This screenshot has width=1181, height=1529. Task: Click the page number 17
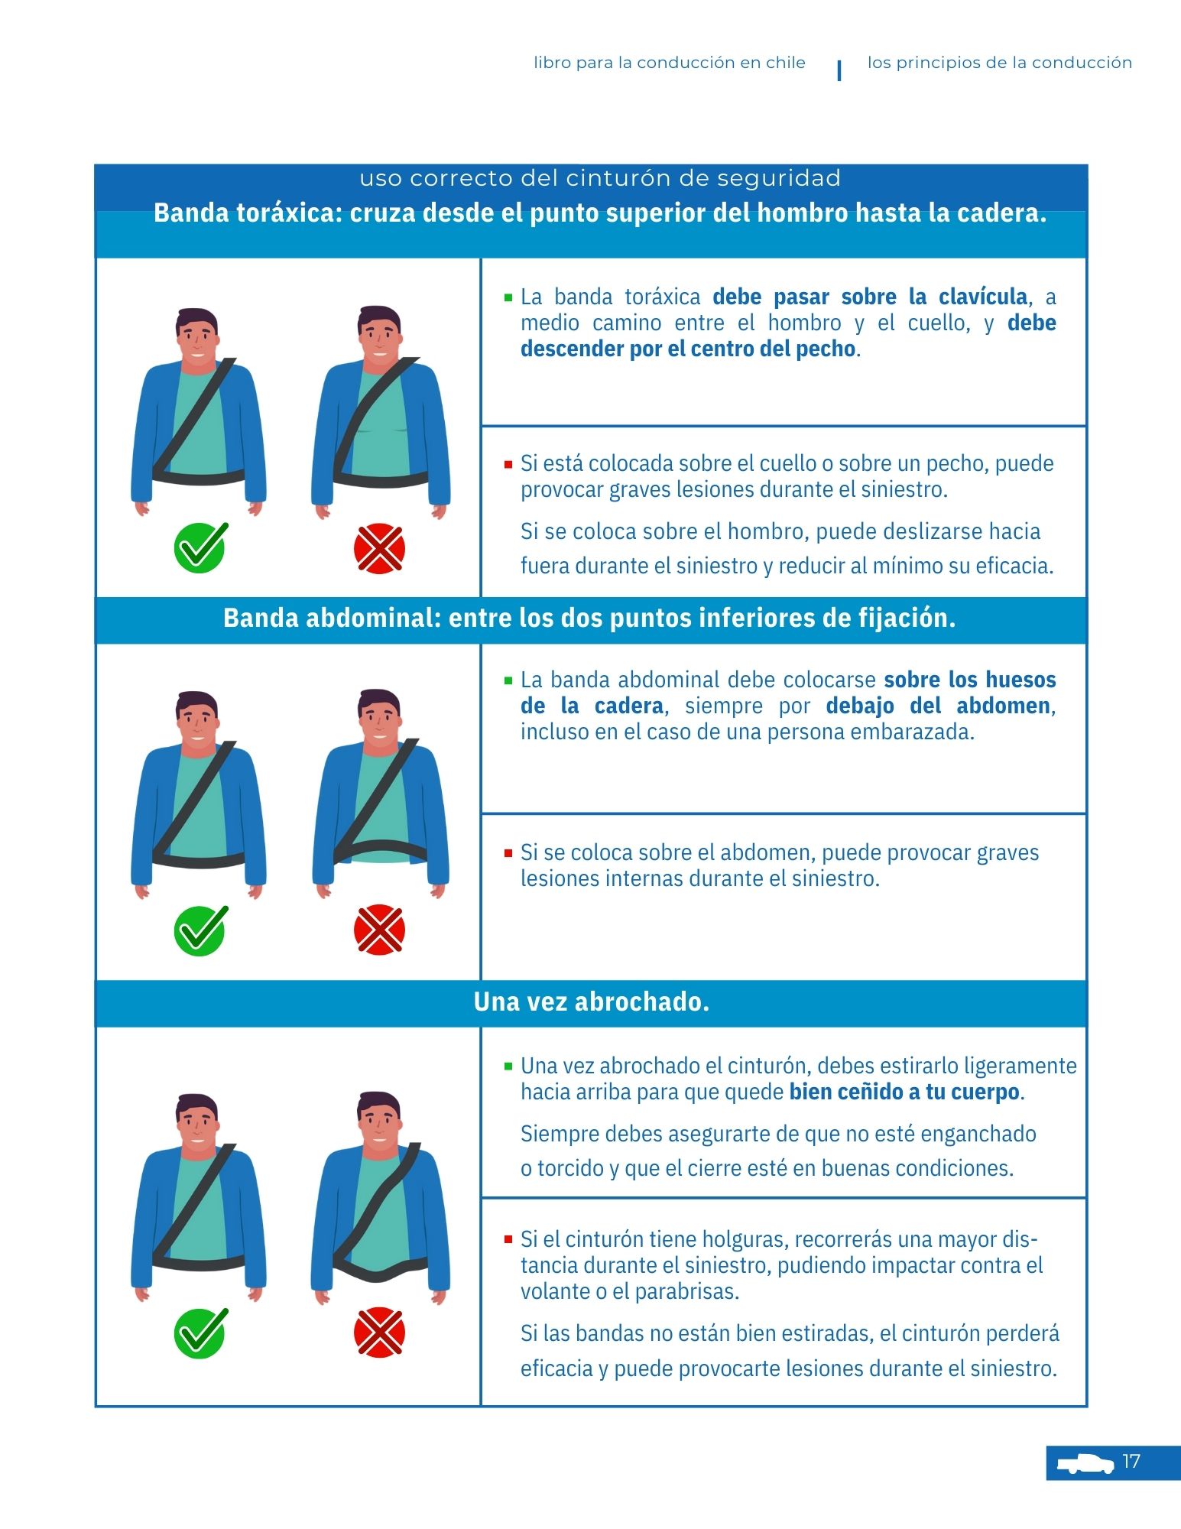1131,1461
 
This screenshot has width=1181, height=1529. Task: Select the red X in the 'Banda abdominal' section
379,930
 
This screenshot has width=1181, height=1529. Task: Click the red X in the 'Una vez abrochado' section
379,1333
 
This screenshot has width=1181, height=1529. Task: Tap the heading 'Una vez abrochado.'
591,1001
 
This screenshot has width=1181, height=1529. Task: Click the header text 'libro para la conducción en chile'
669,63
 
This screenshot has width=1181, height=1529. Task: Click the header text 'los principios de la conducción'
999,63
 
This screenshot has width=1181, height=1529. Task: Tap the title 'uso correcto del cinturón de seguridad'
600,178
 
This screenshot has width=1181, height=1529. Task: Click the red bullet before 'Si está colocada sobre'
508,464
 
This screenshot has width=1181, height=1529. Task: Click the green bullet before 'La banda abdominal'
508,680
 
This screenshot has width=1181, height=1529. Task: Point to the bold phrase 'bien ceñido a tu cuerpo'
904,1091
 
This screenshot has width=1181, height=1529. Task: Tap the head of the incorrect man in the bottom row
379,1120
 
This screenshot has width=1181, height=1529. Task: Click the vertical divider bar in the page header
839,70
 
